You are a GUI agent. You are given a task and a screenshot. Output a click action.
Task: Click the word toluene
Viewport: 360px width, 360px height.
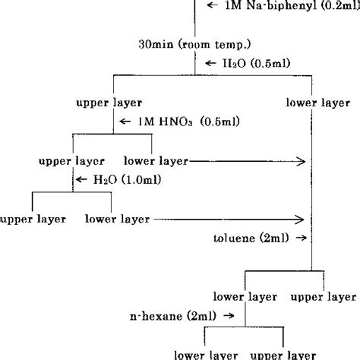235,238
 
